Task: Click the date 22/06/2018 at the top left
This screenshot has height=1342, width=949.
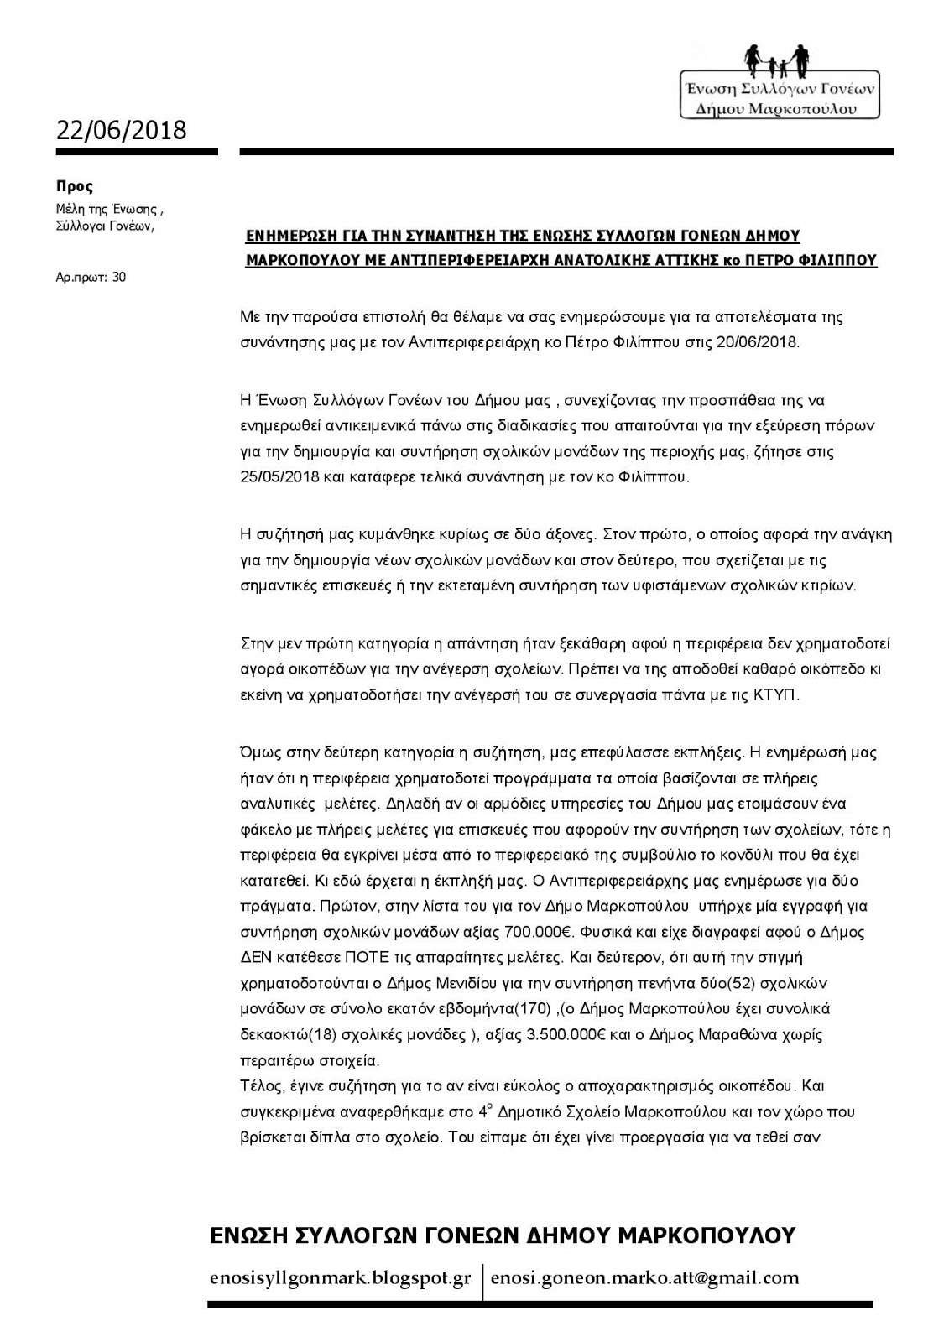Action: [121, 130]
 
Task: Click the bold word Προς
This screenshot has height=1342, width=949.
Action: [74, 187]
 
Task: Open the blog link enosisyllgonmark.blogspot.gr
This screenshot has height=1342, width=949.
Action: [340, 1279]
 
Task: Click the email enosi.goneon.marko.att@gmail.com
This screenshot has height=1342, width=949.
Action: [644, 1279]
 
